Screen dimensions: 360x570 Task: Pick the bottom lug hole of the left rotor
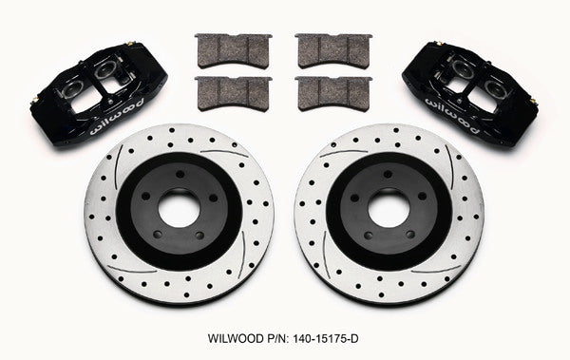coord(186,239)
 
